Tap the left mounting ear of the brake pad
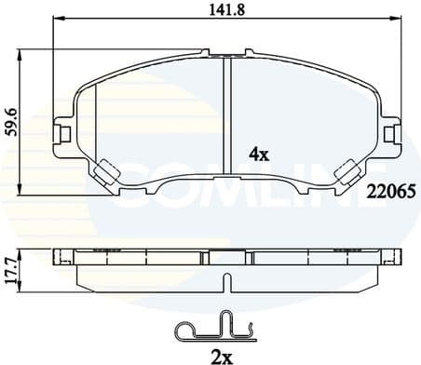click(62, 131)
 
